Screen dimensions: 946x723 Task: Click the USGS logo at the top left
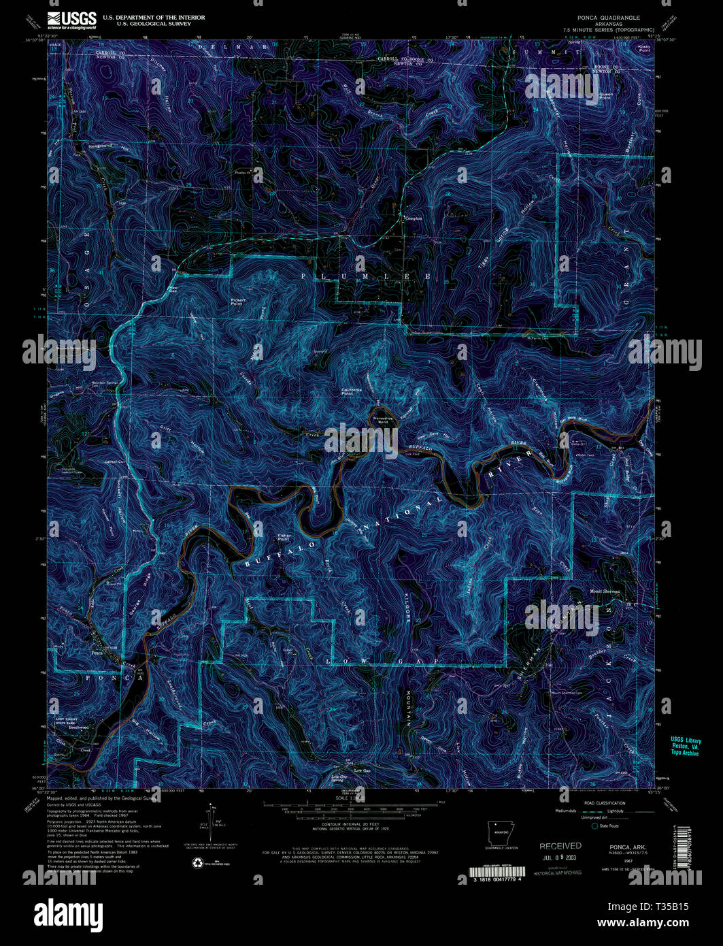coord(71,20)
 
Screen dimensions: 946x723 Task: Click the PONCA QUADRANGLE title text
coord(607,17)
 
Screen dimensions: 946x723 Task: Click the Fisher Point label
coord(284,537)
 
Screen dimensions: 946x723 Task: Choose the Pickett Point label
coord(237,301)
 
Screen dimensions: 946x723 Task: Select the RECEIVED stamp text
coord(560,846)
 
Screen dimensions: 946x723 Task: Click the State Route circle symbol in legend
coord(594,826)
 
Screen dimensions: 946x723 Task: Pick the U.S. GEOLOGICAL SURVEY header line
coord(146,24)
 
